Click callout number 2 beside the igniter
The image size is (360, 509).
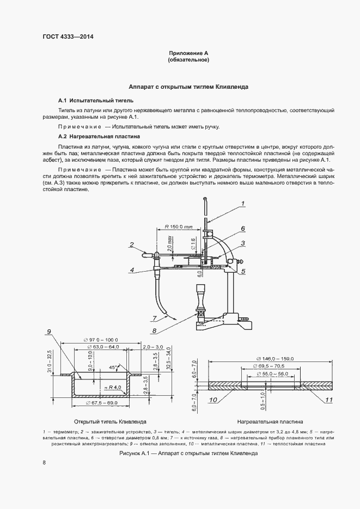click(x=131, y=243)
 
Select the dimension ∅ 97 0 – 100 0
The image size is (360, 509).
click(x=100, y=339)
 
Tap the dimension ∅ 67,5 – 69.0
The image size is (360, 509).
click(x=102, y=403)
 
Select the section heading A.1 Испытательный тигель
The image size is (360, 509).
click(x=95, y=101)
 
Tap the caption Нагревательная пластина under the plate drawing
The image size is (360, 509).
click(x=270, y=422)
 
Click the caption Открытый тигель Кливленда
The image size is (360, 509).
click(x=110, y=422)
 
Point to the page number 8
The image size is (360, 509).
click(x=44, y=463)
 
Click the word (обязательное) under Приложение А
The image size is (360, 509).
click(x=188, y=60)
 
